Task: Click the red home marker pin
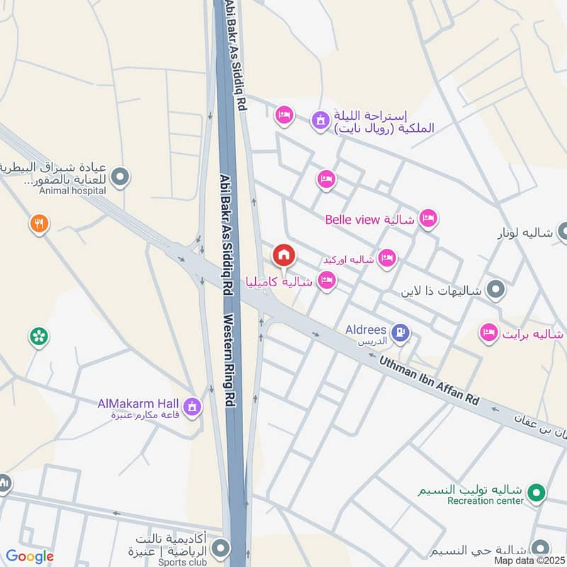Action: pos(283,254)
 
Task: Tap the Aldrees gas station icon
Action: pos(400,332)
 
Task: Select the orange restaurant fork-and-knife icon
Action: pos(39,225)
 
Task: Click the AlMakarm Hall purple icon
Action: pos(191,407)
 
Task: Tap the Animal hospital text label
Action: pos(73,190)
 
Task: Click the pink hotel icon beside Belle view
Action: pos(428,219)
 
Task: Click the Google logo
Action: pos(30,556)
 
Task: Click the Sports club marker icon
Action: pos(222,549)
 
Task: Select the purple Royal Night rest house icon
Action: pos(320,120)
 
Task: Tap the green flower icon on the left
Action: pos(39,337)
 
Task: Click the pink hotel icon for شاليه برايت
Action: pos(488,332)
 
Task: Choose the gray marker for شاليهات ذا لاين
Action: pos(496,289)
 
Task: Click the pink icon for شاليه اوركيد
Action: pos(386,258)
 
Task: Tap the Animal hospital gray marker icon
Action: pos(120,174)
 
